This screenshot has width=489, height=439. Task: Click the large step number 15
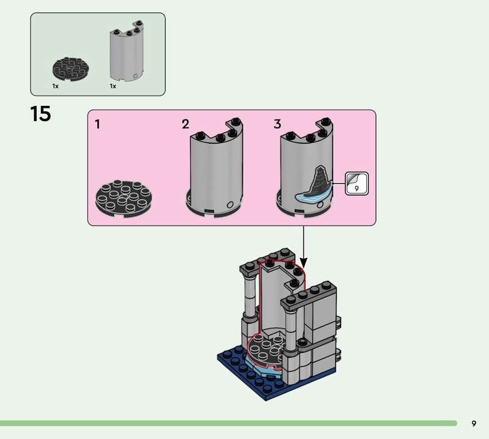[40, 114]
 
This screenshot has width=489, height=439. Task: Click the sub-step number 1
[98, 125]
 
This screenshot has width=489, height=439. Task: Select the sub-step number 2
[185, 125]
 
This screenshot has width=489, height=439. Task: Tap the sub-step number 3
[277, 125]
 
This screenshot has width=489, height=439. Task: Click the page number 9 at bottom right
[474, 423]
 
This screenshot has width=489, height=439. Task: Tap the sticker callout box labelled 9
[356, 183]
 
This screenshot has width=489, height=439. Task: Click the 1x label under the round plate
[55, 87]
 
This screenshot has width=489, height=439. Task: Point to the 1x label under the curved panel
[113, 87]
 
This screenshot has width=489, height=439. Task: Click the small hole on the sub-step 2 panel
[230, 205]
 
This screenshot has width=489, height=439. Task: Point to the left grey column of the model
[250, 293]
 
